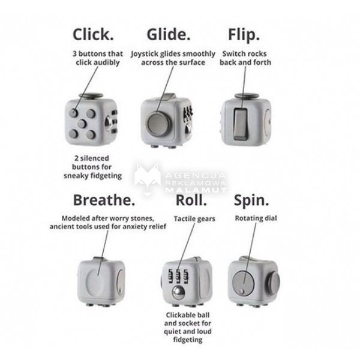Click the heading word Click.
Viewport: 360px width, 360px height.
point(93,34)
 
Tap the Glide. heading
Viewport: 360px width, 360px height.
point(169,34)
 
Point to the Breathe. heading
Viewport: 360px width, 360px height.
point(104,200)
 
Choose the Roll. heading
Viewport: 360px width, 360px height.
point(191,200)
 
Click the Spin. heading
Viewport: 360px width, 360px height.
point(251,201)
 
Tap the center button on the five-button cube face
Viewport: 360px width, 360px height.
point(82,124)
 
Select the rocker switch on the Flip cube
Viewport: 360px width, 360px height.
point(241,124)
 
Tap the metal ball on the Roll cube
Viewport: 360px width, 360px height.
point(178,293)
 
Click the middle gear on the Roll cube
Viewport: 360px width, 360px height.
point(179,276)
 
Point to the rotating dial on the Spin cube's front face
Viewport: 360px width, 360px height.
point(244,283)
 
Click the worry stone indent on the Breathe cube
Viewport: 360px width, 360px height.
point(97,283)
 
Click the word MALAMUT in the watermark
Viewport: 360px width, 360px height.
point(196,190)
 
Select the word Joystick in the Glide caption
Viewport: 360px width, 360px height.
point(145,54)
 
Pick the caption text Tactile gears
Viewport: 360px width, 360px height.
point(194,219)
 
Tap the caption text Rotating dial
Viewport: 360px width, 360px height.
point(256,218)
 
